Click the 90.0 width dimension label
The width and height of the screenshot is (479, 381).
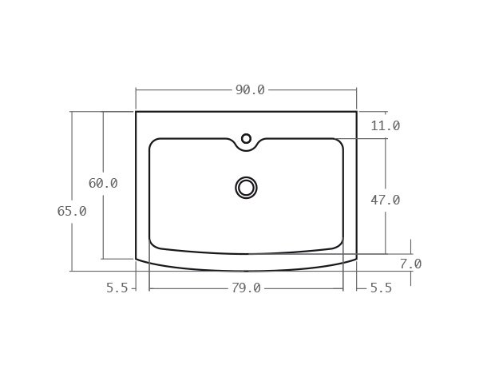(249, 90)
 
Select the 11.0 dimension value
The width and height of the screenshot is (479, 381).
(385, 126)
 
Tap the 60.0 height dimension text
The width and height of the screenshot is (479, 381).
(103, 184)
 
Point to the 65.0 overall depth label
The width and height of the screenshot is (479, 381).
(72, 212)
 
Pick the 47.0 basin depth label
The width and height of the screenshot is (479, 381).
(385, 200)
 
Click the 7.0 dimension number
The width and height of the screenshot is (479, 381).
(410, 264)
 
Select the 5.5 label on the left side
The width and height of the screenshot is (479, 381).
(117, 288)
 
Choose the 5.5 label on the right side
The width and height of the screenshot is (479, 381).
(381, 288)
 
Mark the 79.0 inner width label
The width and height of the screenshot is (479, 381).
(246, 288)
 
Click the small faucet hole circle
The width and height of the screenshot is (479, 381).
(246, 139)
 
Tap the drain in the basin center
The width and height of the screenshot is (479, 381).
(246, 188)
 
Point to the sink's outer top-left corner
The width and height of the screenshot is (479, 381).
(137, 112)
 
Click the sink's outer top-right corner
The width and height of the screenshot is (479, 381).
(356, 112)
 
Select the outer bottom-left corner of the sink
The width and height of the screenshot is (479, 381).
(137, 259)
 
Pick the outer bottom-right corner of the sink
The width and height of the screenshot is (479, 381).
(356, 259)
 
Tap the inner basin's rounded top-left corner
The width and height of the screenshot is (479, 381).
(153, 142)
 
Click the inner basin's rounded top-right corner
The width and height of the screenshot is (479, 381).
(339, 142)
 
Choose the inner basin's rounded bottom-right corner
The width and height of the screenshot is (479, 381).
(339, 244)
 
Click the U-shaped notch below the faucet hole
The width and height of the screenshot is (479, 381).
(246, 149)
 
